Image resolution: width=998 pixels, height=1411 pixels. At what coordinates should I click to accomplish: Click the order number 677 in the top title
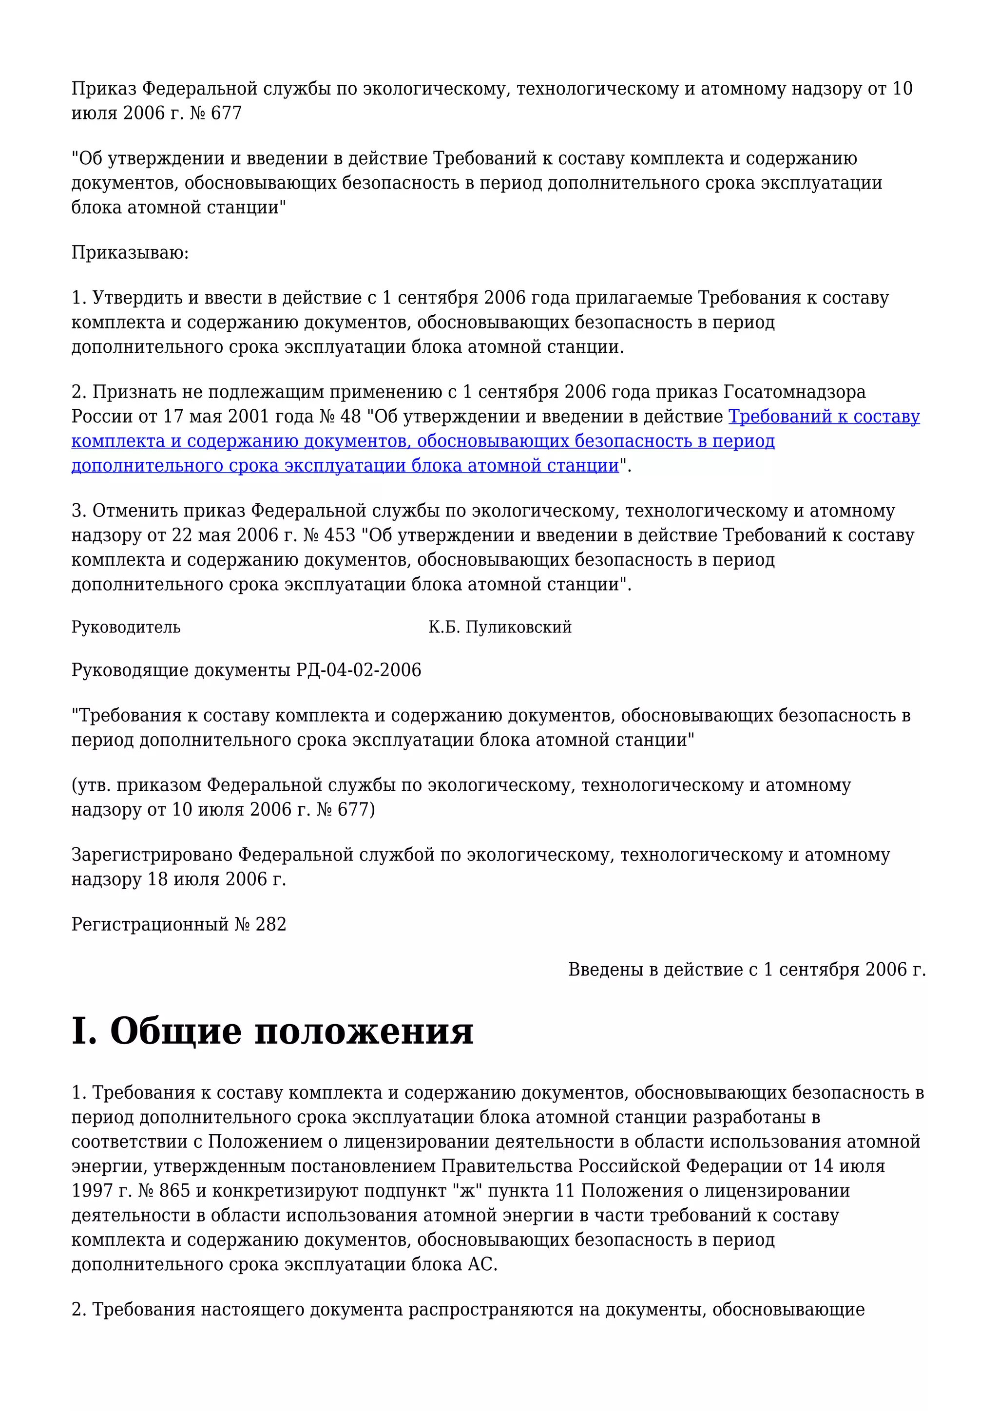(226, 114)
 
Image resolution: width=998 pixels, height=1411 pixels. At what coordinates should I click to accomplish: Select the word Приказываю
(130, 252)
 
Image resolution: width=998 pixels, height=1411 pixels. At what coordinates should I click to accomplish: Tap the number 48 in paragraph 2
(350, 417)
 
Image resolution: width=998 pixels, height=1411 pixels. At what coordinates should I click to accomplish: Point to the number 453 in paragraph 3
(340, 535)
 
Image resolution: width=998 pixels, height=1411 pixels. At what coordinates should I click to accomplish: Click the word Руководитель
(126, 628)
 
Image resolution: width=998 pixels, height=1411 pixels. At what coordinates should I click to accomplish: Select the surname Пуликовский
(518, 628)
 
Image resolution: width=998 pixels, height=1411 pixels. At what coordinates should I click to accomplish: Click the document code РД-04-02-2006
(359, 670)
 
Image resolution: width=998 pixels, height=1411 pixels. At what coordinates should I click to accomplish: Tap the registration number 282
(271, 924)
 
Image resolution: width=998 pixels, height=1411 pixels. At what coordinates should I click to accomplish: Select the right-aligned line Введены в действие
(747, 970)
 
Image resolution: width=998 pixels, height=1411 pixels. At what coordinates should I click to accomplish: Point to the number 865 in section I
(174, 1191)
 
